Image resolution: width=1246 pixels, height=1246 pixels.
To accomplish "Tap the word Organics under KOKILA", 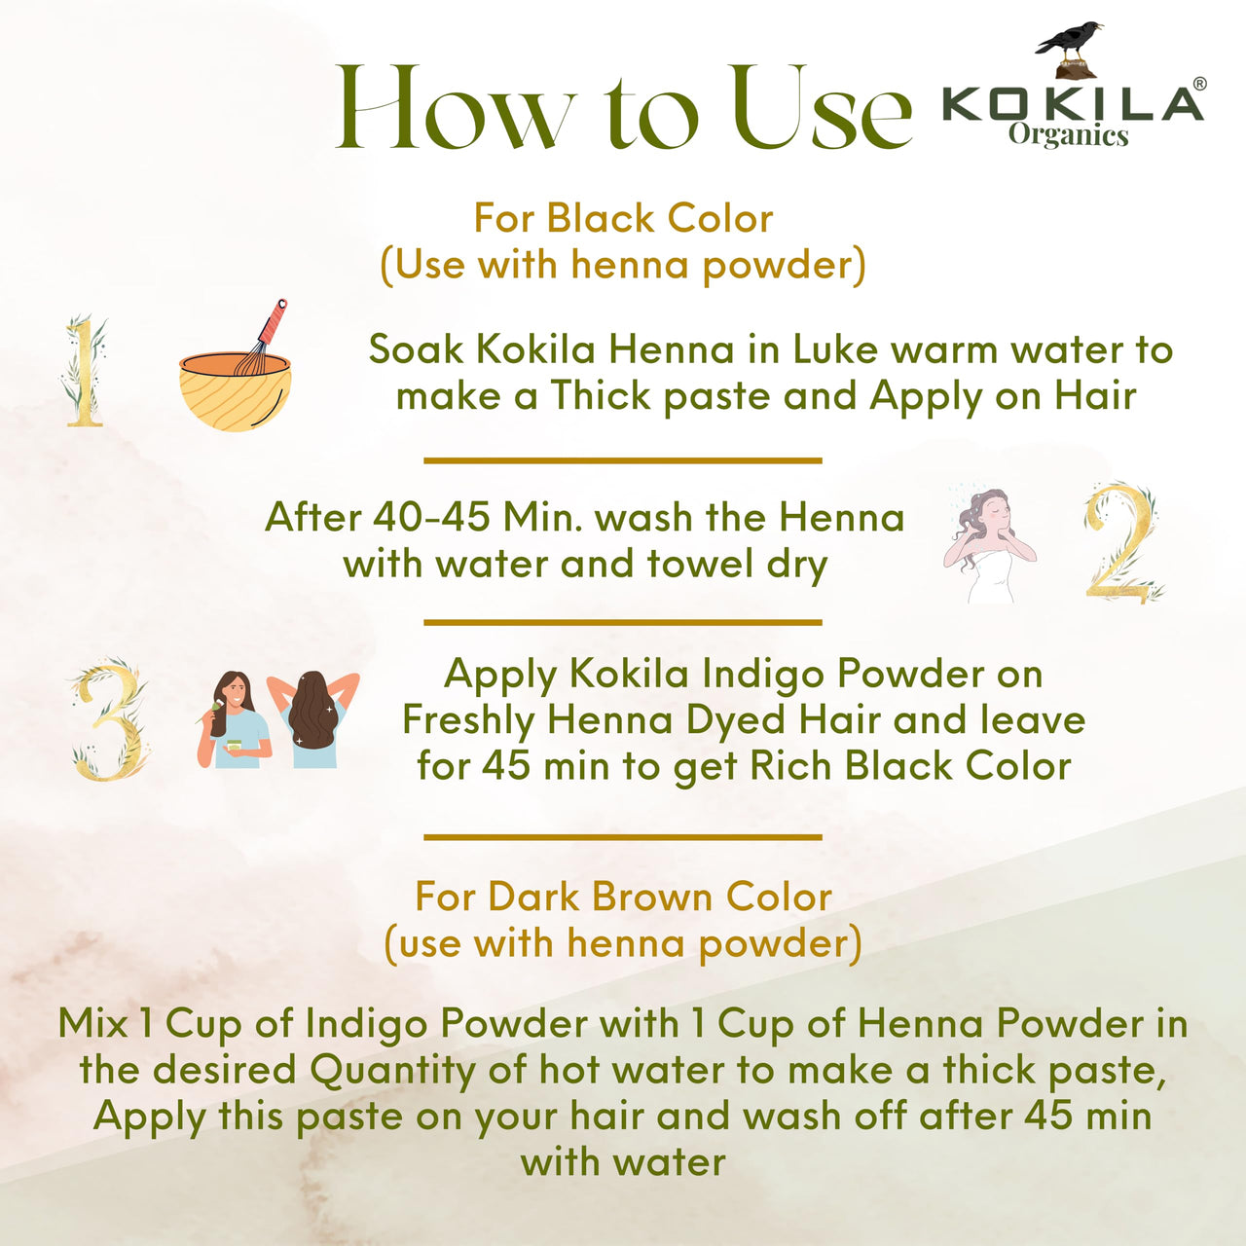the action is click(x=1068, y=135).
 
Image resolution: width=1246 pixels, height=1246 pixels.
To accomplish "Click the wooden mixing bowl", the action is click(x=235, y=392).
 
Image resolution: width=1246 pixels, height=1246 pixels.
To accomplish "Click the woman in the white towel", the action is click(x=988, y=546).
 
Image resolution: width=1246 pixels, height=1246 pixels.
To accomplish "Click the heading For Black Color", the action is click(x=623, y=219).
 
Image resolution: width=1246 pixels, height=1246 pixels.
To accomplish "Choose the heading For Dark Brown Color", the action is click(x=623, y=897).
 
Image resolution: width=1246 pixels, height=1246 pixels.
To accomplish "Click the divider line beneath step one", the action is click(x=623, y=461).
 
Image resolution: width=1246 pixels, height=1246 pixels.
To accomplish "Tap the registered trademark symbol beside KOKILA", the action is click(x=1198, y=84).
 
